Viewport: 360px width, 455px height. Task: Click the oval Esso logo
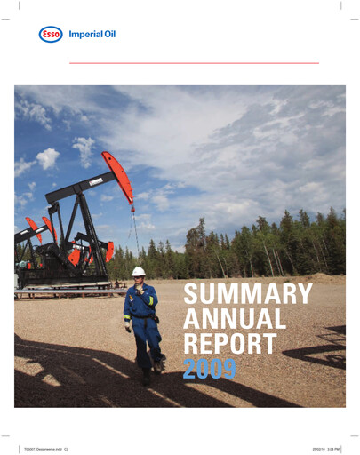tap(51, 35)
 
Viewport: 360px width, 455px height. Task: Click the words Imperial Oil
tap(92, 35)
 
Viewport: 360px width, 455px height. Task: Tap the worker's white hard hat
tap(138, 271)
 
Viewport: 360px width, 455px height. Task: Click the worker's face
tap(139, 278)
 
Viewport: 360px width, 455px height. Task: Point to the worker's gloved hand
tap(128, 327)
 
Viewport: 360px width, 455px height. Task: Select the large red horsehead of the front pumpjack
tap(117, 175)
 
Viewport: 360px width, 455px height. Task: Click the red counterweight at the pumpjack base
tap(75, 257)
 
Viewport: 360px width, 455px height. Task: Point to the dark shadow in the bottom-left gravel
tap(53, 382)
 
